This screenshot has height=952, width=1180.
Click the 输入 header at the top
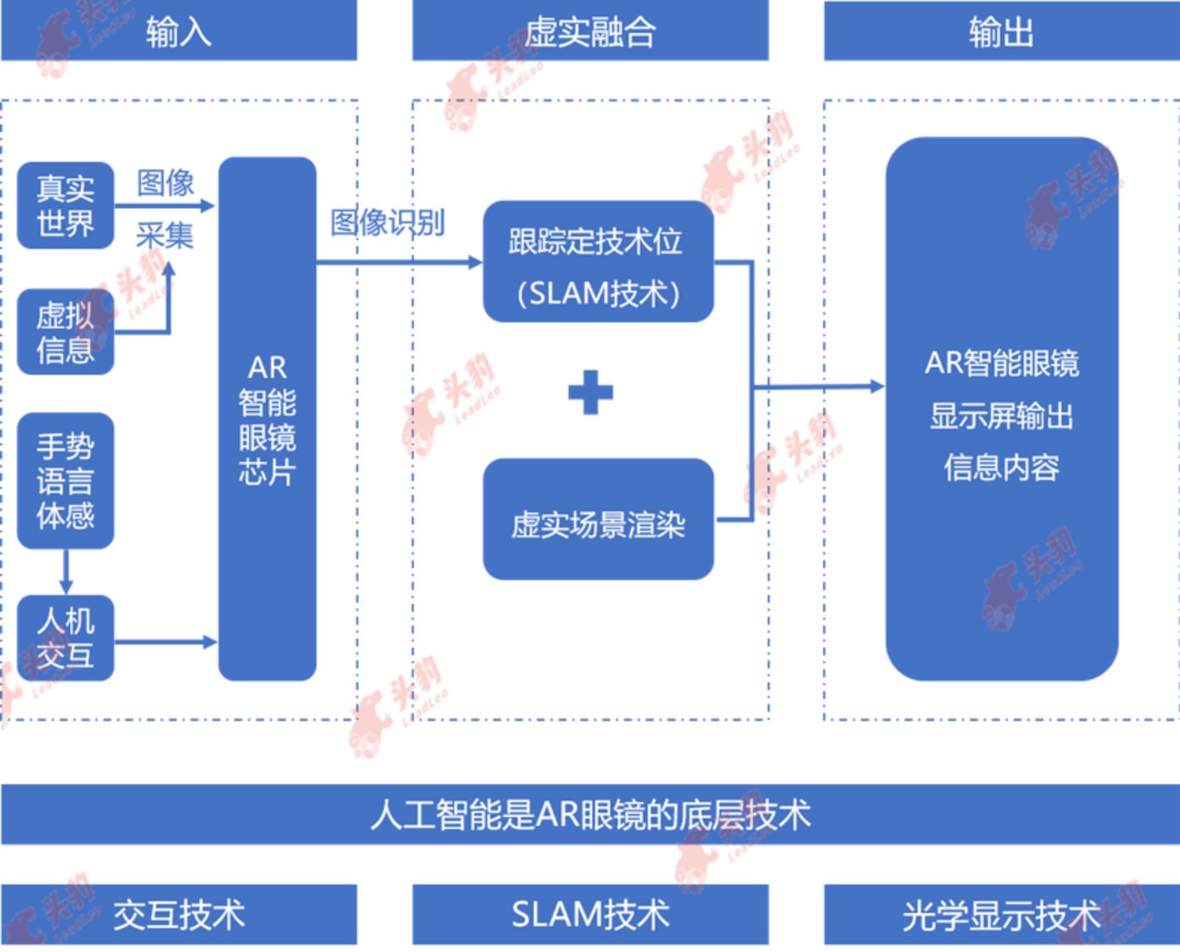pyautogui.click(x=179, y=31)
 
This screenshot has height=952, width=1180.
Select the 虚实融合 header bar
pyautogui.click(x=590, y=31)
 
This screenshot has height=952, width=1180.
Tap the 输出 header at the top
pyautogui.click(x=1001, y=31)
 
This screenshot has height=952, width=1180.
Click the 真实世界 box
pyautogui.click(x=66, y=206)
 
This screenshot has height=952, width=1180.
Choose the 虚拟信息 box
pyautogui.click(x=66, y=332)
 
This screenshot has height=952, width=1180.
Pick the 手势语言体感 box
pyautogui.click(x=66, y=481)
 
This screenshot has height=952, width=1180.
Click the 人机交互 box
pyautogui.click(x=66, y=638)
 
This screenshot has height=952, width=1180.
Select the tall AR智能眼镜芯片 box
pyautogui.click(x=267, y=419)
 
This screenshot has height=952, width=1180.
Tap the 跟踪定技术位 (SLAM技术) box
pyautogui.click(x=598, y=262)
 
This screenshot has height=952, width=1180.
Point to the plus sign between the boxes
pyautogui.click(x=590, y=392)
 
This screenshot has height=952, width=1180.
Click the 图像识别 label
pyautogui.click(x=387, y=223)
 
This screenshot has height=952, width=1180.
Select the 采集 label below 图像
pyautogui.click(x=165, y=235)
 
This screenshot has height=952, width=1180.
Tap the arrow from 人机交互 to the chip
pyautogui.click(x=165, y=643)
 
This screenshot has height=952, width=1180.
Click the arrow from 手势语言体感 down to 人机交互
pyautogui.click(x=66, y=573)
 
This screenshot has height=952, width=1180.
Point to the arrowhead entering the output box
pyautogui.click(x=877, y=387)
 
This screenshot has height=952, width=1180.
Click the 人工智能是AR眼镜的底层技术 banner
pyautogui.click(x=590, y=815)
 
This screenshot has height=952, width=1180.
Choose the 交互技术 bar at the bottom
pyautogui.click(x=179, y=915)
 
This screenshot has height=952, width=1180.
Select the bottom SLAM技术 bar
pyautogui.click(x=590, y=915)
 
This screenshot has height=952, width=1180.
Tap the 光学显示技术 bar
pyautogui.click(x=1001, y=915)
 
